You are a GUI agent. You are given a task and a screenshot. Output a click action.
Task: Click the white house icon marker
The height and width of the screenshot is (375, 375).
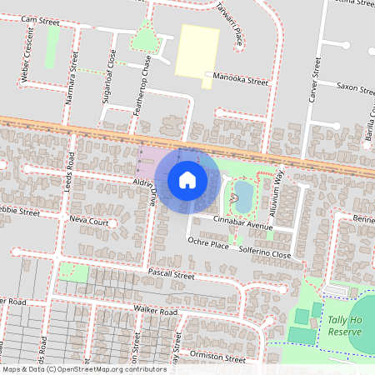(x=187, y=179)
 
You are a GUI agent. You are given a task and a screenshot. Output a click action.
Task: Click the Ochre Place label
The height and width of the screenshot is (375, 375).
(x=208, y=244)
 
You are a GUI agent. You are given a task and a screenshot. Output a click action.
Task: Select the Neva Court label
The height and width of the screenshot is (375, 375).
(x=90, y=222)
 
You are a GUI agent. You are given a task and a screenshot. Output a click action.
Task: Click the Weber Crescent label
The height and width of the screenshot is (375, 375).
(x=26, y=59)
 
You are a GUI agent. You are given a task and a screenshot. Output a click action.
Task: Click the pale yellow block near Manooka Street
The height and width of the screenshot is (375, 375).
(x=197, y=49)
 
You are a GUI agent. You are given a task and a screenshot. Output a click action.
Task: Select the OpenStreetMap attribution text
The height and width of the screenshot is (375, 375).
(x=84, y=369)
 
